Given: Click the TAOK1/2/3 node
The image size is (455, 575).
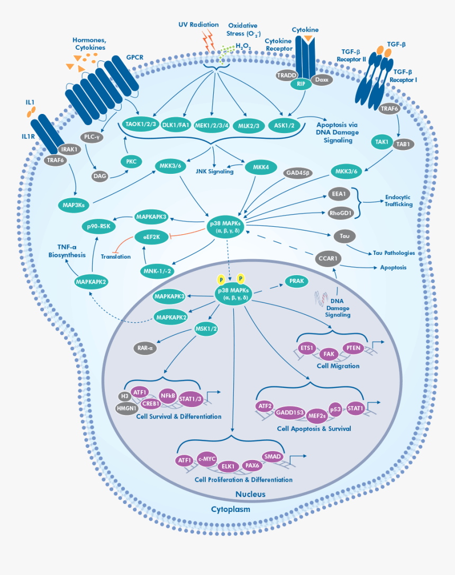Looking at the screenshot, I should click(139, 125).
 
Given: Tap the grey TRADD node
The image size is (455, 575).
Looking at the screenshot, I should click(286, 76).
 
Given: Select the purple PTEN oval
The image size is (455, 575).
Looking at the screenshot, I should click(353, 348).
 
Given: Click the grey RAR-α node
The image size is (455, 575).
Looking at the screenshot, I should click(144, 348).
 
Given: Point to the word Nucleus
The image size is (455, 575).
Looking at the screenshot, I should click(250, 494).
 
